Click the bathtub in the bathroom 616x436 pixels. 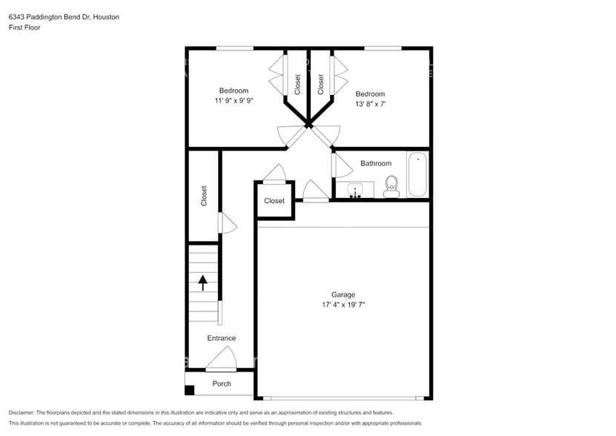(x=417, y=174)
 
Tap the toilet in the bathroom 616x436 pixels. (x=391, y=188)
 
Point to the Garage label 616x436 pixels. (x=343, y=294)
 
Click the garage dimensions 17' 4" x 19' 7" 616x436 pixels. (x=343, y=305)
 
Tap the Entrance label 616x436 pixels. (x=221, y=338)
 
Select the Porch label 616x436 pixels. (x=222, y=383)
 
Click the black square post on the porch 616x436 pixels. (x=190, y=390)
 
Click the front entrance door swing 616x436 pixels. (x=221, y=361)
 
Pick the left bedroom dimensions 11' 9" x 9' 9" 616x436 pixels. (x=234, y=100)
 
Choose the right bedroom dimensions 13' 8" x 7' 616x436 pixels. (x=370, y=105)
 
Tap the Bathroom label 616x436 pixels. (x=376, y=163)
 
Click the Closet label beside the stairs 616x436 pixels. (x=204, y=196)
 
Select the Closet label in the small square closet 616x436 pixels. (x=274, y=201)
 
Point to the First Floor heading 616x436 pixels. (x=24, y=27)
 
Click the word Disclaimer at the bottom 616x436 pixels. (x=21, y=412)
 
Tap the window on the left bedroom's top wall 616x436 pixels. (x=234, y=49)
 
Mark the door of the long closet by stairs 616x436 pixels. (x=225, y=222)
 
